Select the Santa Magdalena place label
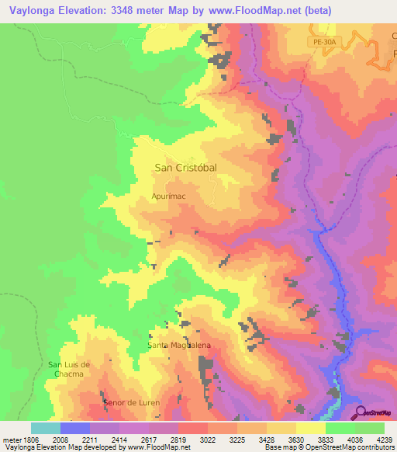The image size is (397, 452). [179, 345]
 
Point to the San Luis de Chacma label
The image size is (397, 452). [70, 369]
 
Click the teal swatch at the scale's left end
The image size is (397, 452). [46, 428]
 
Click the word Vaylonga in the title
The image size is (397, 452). [35, 11]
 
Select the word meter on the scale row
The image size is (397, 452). [12, 439]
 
